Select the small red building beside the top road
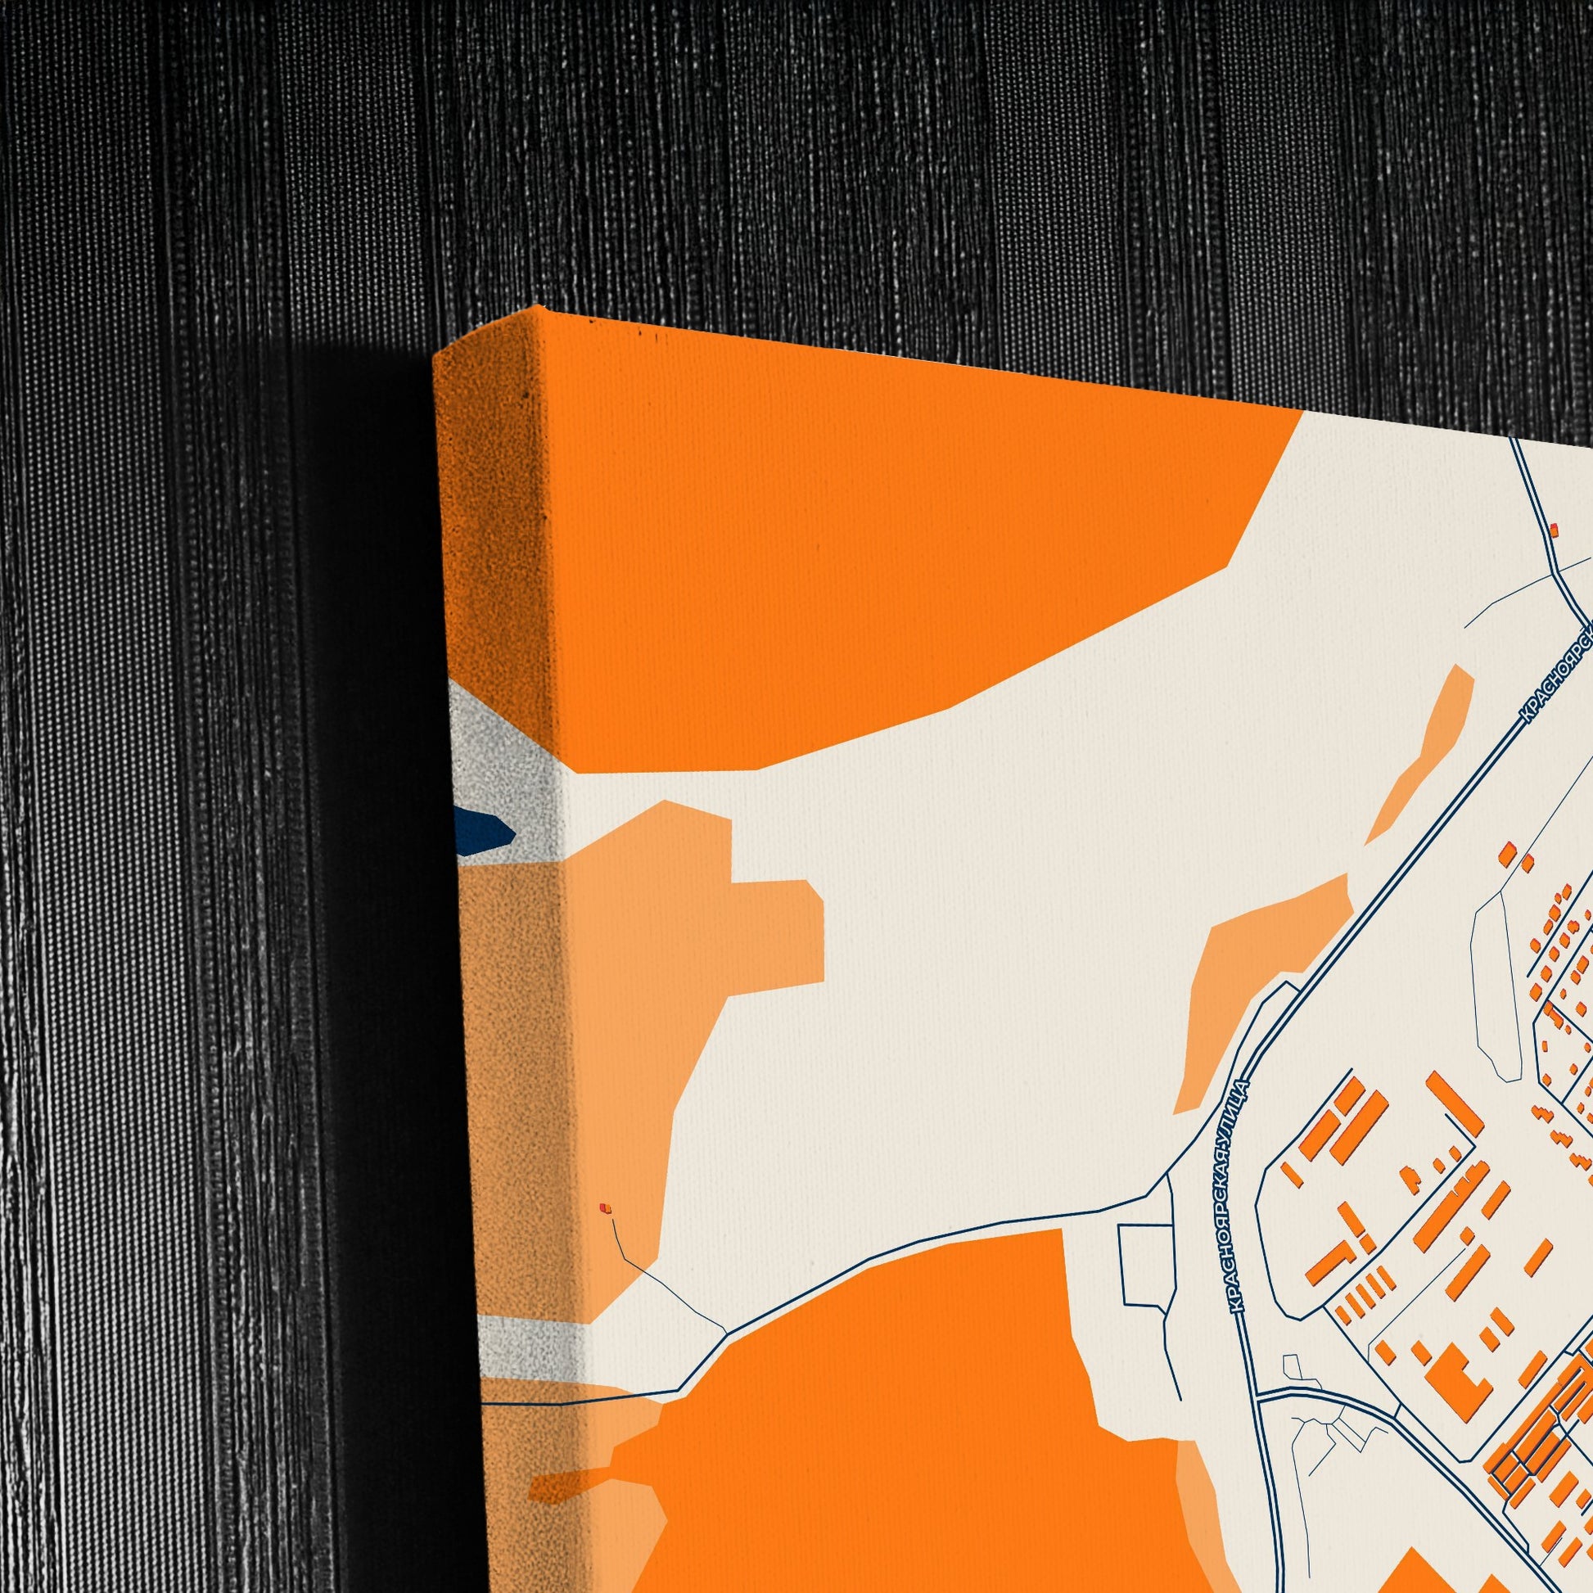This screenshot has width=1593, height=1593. click(1555, 530)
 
